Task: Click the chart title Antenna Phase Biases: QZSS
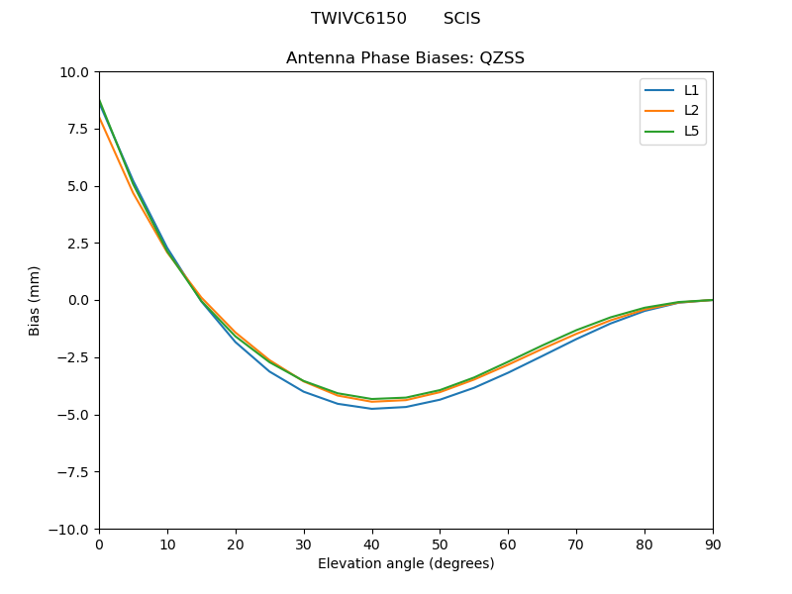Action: click(405, 58)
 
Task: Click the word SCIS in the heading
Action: click(461, 19)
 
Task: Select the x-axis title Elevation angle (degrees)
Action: click(405, 564)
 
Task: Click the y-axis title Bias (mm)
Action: click(35, 300)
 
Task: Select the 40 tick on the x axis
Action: click(371, 544)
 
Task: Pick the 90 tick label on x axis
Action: click(713, 544)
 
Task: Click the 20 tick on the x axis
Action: click(236, 544)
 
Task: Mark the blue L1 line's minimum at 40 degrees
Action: click(372, 409)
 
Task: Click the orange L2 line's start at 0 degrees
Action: click(100, 120)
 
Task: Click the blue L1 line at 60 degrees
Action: click(508, 372)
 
